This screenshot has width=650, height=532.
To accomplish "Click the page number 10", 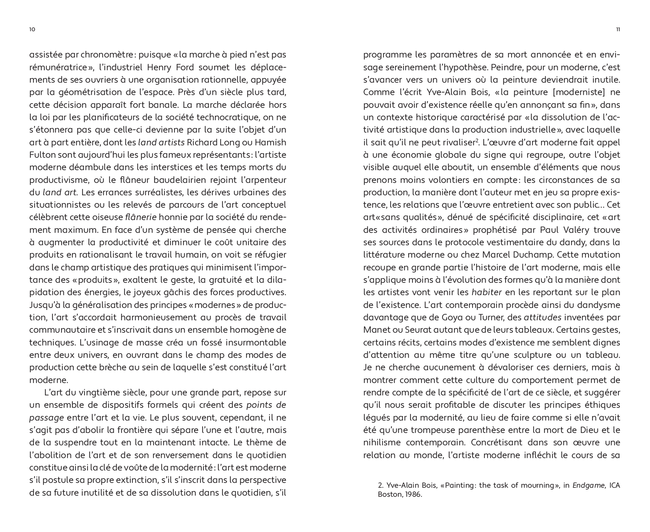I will tap(32, 30).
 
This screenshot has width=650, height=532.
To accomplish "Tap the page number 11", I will tap(618, 30).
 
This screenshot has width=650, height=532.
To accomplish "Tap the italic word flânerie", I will tap(140, 217).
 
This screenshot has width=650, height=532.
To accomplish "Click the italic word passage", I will tap(46, 418).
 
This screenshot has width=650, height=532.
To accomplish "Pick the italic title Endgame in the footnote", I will tap(588, 485).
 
